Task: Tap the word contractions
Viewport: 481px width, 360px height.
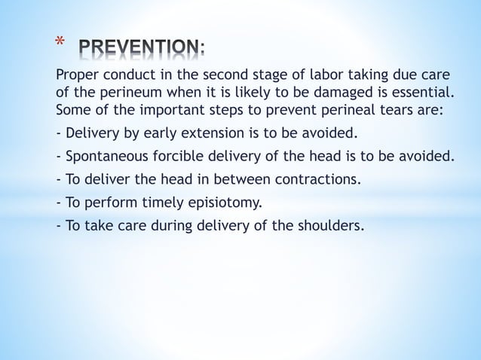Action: pos(318,179)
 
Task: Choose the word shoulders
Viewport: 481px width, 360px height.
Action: pos(327,224)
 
